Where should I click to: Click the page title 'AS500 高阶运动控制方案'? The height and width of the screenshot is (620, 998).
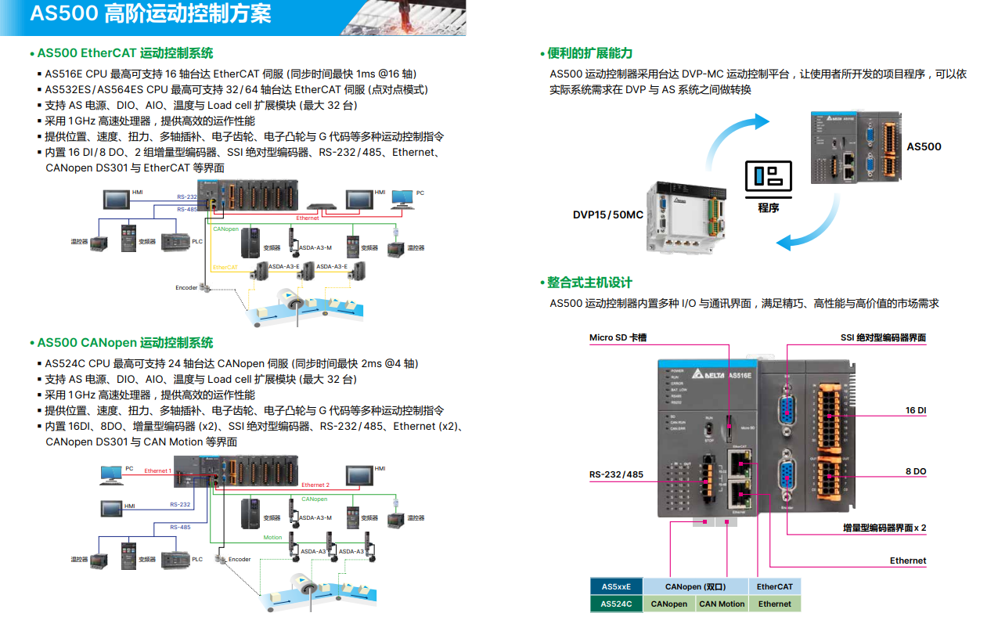coord(151,14)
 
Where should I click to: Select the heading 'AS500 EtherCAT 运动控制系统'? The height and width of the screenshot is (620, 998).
coord(125,53)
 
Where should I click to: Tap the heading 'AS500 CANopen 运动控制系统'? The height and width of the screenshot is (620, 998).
coord(125,343)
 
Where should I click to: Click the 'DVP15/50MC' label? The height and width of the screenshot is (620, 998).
coord(608,214)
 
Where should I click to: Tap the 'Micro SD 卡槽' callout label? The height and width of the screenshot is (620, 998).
coord(618,337)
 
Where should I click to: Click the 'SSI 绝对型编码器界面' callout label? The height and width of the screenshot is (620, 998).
coord(883,337)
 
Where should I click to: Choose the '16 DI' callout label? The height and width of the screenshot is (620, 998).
coord(916,410)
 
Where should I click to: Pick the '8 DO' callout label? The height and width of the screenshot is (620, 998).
coord(916,471)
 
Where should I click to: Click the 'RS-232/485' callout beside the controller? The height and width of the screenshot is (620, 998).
coord(616,474)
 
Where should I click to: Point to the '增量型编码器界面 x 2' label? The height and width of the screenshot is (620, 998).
coord(884,528)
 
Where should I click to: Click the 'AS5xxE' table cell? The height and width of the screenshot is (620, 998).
coord(616,586)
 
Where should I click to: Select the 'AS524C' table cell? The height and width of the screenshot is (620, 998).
coord(616,604)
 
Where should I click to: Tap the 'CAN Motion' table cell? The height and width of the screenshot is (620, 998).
coord(722,604)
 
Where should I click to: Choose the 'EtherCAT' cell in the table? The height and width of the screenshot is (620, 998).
coord(775,586)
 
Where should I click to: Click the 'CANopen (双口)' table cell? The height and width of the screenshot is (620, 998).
coord(696,586)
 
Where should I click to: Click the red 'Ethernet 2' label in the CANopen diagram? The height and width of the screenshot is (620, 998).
coord(315,485)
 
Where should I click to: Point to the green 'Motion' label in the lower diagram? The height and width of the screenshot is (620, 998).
coord(272,538)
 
